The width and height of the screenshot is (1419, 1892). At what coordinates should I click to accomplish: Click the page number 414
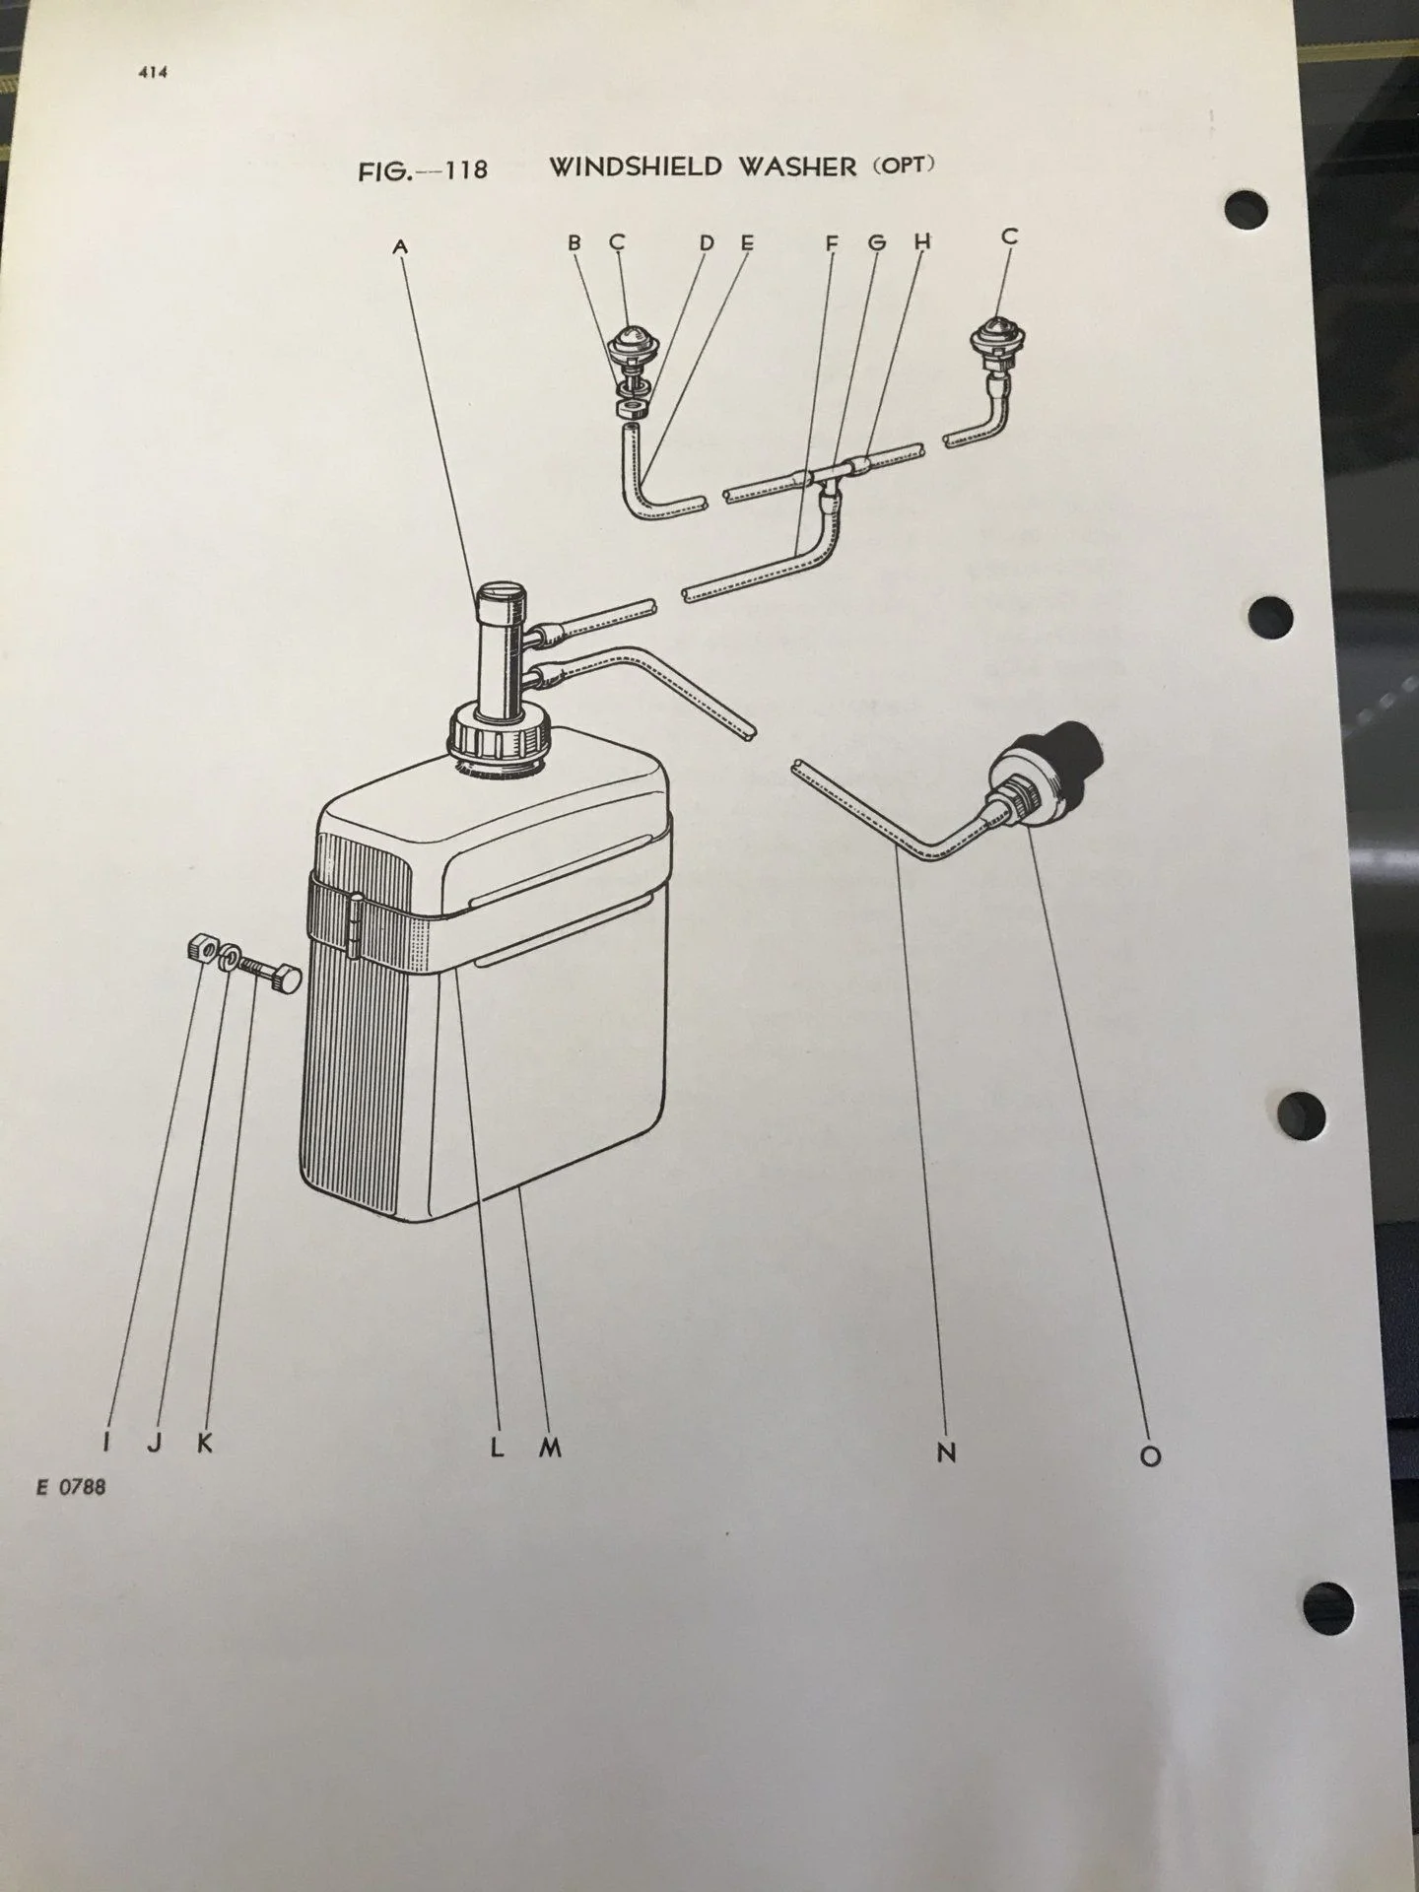tap(152, 71)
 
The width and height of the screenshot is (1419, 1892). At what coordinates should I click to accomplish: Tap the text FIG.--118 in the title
tap(423, 169)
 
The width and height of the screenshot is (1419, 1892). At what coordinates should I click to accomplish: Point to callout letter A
tap(400, 247)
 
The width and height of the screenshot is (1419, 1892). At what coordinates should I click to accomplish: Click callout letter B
tap(574, 241)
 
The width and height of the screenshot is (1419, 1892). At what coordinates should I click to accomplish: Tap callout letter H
tap(922, 241)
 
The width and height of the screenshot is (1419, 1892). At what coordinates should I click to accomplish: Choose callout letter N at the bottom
tap(946, 1453)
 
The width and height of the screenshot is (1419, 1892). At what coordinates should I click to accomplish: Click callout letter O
tap(1150, 1455)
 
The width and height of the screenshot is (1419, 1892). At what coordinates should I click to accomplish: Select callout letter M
tap(550, 1448)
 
